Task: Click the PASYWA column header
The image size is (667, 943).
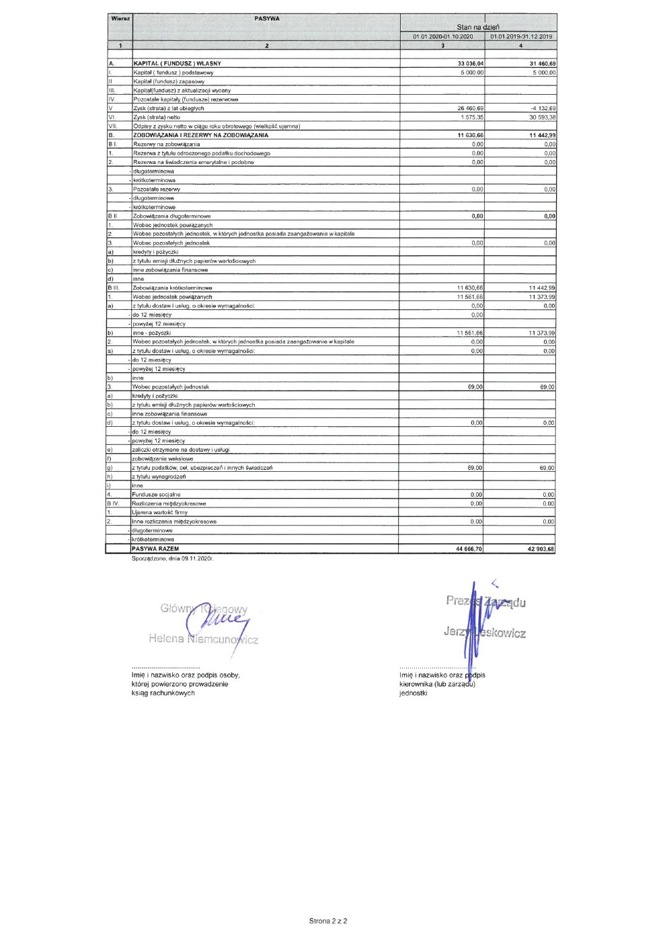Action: pyautogui.click(x=267, y=19)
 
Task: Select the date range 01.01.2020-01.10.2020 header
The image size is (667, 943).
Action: pyautogui.click(x=442, y=36)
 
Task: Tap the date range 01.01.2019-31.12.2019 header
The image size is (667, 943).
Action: pyautogui.click(x=521, y=36)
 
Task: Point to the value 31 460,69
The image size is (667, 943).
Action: pyautogui.click(x=542, y=64)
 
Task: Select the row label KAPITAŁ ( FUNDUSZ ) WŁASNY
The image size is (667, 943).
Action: pyautogui.click(x=177, y=64)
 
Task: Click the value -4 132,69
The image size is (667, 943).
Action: pyautogui.click(x=543, y=108)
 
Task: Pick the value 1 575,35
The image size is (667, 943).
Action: pyautogui.click(x=471, y=117)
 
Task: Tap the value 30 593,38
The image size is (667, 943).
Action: pyautogui.click(x=542, y=117)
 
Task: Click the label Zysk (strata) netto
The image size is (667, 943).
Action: pyautogui.click(x=157, y=117)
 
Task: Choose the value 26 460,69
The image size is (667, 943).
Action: pyautogui.click(x=470, y=108)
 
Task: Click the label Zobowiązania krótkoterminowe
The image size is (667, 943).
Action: pyautogui.click(x=172, y=288)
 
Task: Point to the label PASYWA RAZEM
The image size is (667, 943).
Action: pyautogui.click(x=155, y=549)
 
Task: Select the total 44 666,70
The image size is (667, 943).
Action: pyautogui.click(x=469, y=549)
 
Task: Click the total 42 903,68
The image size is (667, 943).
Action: pyautogui.click(x=541, y=549)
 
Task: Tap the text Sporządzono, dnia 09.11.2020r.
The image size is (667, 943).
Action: pyautogui.click(x=172, y=558)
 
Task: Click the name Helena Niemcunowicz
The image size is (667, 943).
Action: pyautogui.click(x=203, y=639)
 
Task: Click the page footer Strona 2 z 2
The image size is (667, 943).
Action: pyautogui.click(x=328, y=921)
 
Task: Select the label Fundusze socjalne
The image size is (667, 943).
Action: pyautogui.click(x=156, y=495)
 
